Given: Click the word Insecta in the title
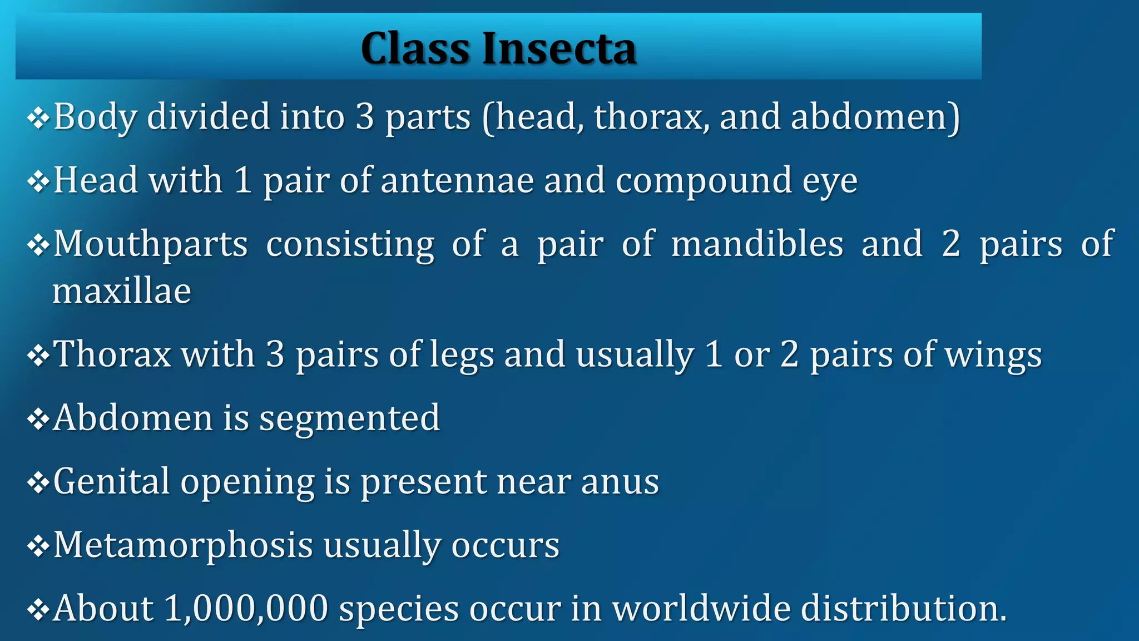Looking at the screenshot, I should click(559, 49).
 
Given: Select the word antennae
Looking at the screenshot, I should click(458, 181).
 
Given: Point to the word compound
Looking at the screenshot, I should click(704, 182).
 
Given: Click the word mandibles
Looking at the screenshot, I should click(757, 244).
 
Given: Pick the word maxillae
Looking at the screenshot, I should click(122, 291).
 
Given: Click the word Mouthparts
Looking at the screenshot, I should click(151, 245).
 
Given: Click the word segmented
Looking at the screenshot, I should click(350, 418).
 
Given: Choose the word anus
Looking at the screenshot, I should click(620, 482).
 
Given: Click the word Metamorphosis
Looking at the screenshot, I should click(183, 545).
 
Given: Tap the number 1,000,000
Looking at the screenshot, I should click(246, 609).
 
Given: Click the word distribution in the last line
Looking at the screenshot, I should click(903, 608).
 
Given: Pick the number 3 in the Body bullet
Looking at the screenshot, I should click(364, 117).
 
